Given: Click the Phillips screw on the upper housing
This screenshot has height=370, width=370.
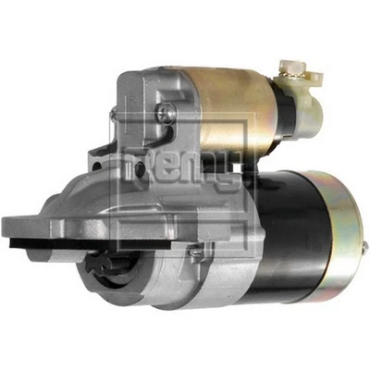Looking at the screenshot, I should (x=166, y=112).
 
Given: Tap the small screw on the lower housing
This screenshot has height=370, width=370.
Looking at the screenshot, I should (x=196, y=250).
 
